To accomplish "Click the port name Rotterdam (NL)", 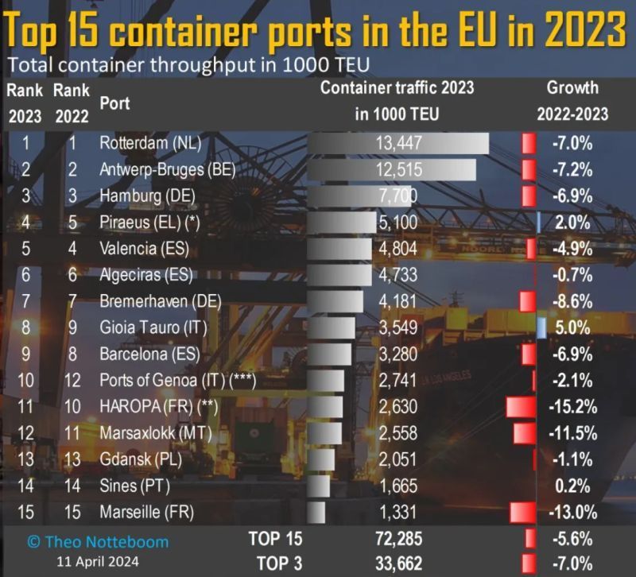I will point(150,144).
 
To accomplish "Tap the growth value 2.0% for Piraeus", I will point(570,223).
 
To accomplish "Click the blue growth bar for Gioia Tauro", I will point(541,327).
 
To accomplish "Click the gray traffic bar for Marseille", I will point(316,511).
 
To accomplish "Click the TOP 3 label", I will point(275,563).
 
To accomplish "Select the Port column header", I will point(114,103).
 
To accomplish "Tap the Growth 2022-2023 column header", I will point(572,101).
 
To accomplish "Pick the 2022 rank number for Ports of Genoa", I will point(72,380).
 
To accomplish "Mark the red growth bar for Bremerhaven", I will point(525,301).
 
